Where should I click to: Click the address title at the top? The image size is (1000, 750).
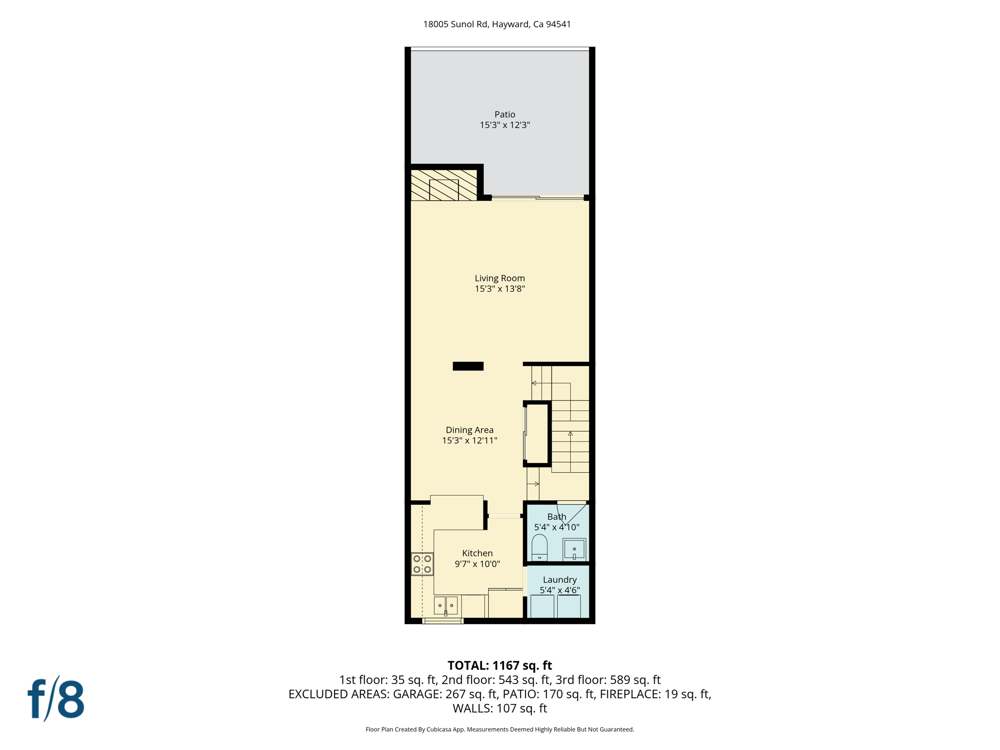pos(497,24)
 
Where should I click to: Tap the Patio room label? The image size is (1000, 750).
pos(504,115)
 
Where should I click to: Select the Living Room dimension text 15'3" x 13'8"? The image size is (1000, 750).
pos(500,289)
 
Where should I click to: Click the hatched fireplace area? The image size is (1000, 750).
pos(443,186)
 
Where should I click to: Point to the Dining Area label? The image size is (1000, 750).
pos(469,430)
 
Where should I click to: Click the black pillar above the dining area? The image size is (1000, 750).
pos(468,366)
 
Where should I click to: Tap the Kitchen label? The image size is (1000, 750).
pos(477,553)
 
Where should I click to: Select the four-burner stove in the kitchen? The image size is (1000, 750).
pos(422,564)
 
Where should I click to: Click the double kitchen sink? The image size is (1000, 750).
pos(445,605)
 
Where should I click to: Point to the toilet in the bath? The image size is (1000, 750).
pos(539,547)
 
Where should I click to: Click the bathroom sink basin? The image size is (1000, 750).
pos(574,549)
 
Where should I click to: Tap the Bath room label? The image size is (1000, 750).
pos(557,517)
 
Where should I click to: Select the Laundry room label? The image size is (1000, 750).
pos(560,580)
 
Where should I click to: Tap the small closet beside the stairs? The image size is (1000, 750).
pos(537,434)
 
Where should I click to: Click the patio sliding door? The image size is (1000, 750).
pos(537,198)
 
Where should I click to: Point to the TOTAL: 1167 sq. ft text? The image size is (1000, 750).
pos(500,666)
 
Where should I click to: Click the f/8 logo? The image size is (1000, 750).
pos(56,699)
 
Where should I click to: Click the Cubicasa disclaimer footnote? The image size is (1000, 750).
pos(500,729)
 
